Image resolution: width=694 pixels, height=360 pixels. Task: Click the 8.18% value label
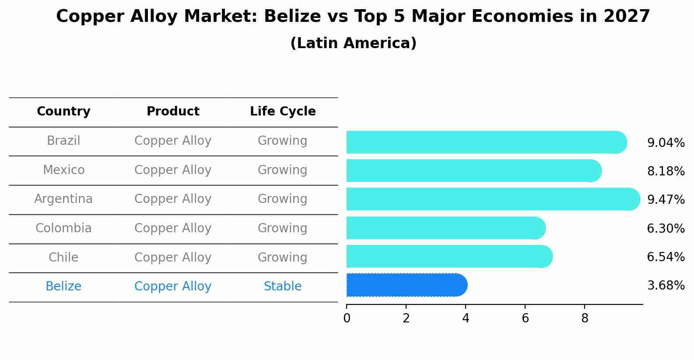[x=666, y=171]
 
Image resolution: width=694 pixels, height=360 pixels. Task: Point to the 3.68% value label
[x=666, y=286]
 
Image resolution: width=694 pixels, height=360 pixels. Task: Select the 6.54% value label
[x=666, y=257]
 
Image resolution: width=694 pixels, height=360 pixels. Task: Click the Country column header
[x=63, y=112]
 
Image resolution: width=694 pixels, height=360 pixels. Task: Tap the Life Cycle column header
[x=283, y=112]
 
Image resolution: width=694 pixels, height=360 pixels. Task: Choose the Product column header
[x=173, y=112]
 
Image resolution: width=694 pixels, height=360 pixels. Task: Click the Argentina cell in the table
[x=63, y=199]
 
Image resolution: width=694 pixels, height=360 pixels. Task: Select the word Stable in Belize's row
[x=283, y=287]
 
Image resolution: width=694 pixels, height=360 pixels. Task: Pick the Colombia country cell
[x=63, y=228]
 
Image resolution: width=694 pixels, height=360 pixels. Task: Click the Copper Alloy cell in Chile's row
[x=173, y=258]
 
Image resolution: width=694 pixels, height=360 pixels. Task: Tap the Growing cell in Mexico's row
[x=283, y=170]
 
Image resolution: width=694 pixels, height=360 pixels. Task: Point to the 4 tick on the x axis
[x=466, y=318]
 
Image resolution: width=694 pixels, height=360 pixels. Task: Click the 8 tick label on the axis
[x=585, y=318]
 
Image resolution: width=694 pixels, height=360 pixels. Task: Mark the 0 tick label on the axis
[x=347, y=318]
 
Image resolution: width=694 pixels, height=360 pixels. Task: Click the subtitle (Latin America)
[x=353, y=43]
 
